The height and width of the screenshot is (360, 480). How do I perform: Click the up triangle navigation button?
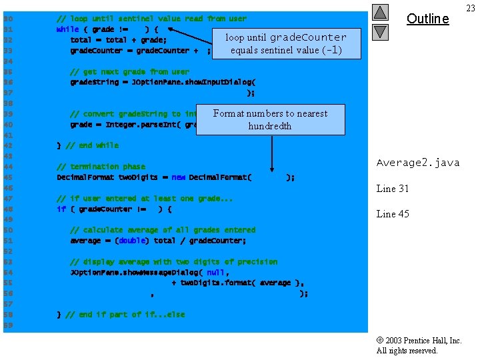coord(379,12)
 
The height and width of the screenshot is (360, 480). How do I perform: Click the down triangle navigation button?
coord(379,31)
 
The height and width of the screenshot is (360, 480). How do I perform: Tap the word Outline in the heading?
coord(427,19)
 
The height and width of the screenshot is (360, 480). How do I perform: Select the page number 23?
coord(471,8)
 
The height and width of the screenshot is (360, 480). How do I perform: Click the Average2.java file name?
coord(418,163)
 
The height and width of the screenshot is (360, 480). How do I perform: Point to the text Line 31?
coord(393,189)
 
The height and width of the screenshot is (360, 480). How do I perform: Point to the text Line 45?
coord(393,214)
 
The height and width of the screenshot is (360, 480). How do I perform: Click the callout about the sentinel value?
coord(285,43)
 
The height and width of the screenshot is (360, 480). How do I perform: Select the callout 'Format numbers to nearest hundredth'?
coord(270,119)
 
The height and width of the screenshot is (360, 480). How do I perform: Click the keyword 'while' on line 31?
coord(67,29)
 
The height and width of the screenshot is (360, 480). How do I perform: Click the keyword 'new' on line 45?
coord(179,177)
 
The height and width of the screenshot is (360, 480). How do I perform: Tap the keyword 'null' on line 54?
coord(215,272)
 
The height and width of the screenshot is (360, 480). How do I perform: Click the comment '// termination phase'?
coord(101,167)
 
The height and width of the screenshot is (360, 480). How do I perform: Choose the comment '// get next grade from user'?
coord(129,71)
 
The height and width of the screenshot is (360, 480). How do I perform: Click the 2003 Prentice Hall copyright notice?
coord(419,341)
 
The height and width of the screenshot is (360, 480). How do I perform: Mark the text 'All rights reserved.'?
coord(407,351)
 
